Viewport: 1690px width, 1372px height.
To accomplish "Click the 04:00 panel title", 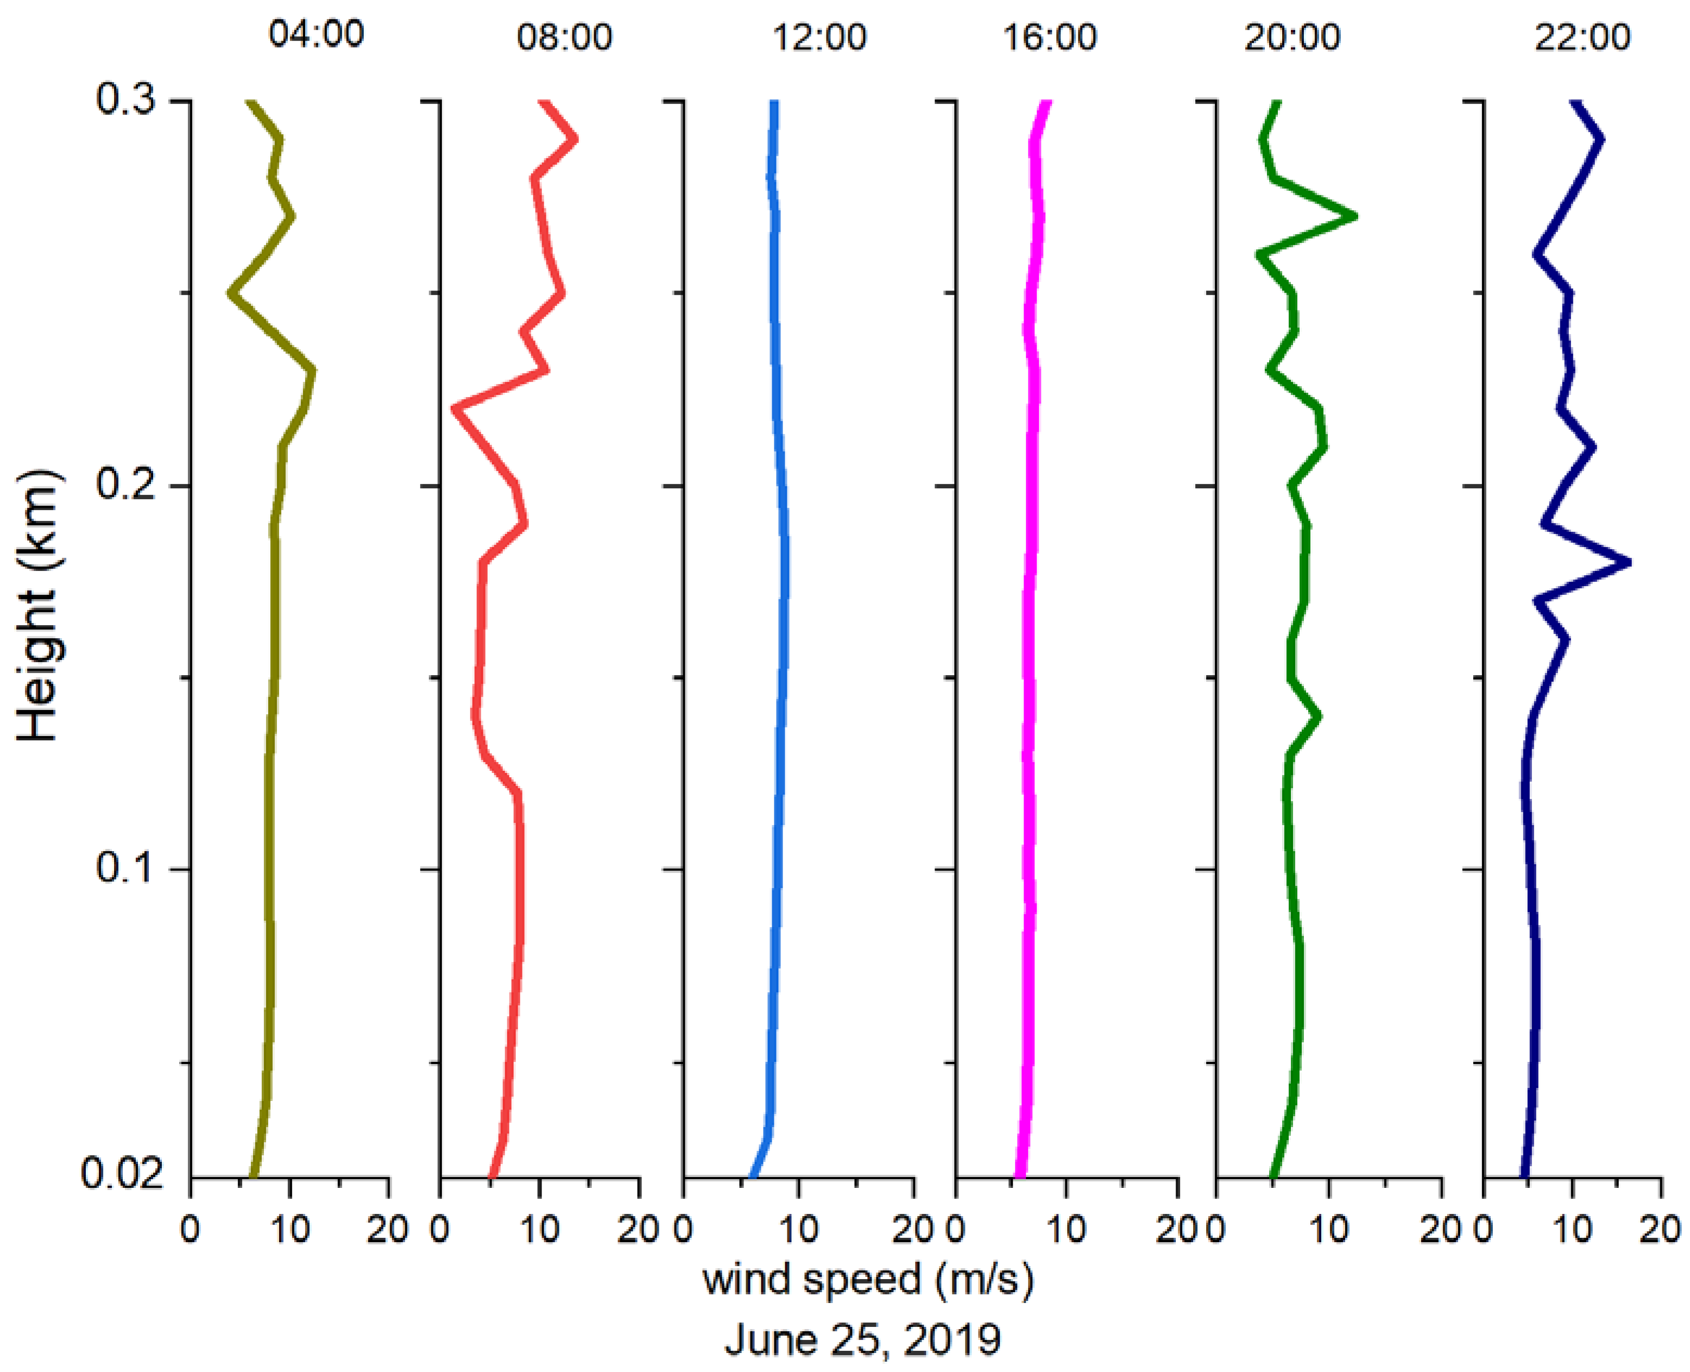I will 316,34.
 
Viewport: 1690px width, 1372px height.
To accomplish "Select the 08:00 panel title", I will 564,37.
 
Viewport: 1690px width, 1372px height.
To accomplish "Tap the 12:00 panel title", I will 819,37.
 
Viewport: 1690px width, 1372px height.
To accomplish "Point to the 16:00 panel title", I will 1050,37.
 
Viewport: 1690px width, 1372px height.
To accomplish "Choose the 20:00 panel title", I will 1292,37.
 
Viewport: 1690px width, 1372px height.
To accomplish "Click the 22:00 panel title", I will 1582,37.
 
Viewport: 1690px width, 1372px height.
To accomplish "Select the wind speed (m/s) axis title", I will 867,1279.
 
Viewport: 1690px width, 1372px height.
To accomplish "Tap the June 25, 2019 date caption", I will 863,1339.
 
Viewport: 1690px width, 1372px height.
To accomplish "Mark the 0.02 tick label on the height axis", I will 123,1175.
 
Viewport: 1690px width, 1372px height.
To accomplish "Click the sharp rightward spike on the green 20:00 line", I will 1354,216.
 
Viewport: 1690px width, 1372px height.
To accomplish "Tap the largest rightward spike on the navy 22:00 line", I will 1628,563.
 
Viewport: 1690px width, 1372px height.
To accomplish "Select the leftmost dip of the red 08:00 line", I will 455,408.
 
